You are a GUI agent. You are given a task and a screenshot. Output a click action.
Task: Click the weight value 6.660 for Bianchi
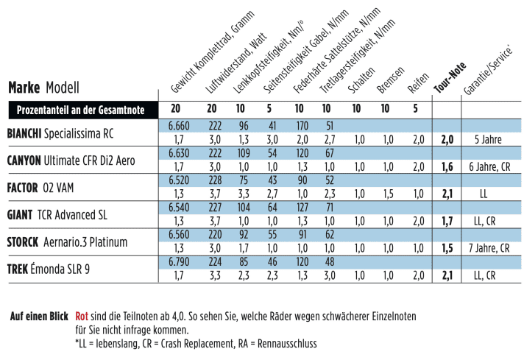pyautogui.click(x=180, y=126)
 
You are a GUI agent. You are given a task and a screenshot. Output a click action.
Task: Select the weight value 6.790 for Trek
pyautogui.click(x=180, y=262)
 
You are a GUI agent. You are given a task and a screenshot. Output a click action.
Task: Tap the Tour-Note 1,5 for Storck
pyautogui.click(x=446, y=249)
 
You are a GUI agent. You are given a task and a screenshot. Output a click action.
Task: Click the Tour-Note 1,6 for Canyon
pyautogui.click(x=446, y=167)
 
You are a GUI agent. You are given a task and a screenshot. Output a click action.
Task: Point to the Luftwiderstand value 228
pyautogui.click(x=215, y=180)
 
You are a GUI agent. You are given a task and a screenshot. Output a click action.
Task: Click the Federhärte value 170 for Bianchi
pyautogui.click(x=302, y=126)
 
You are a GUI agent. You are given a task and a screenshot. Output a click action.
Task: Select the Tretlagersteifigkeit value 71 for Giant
pyautogui.click(x=330, y=208)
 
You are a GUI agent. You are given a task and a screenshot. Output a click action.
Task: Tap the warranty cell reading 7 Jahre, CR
pyautogui.click(x=489, y=249)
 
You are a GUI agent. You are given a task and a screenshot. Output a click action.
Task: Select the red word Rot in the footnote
pyautogui.click(x=82, y=317)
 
